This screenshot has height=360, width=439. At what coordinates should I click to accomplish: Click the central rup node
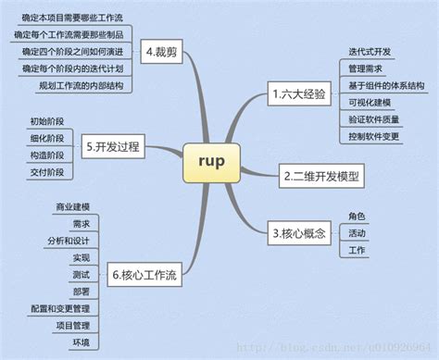(219, 160)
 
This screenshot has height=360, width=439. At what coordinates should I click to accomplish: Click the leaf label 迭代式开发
(370, 50)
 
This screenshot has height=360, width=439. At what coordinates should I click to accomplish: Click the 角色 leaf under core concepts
(357, 217)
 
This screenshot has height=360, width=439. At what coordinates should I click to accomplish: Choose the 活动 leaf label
(357, 233)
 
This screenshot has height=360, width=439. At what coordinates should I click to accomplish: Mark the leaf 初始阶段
(47, 121)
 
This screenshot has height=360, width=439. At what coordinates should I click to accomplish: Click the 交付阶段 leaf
(47, 172)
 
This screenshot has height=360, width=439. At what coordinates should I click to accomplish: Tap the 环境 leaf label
(82, 342)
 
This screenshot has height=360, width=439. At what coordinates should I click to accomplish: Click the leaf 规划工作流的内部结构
(80, 85)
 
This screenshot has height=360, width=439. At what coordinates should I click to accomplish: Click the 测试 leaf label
(82, 274)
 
